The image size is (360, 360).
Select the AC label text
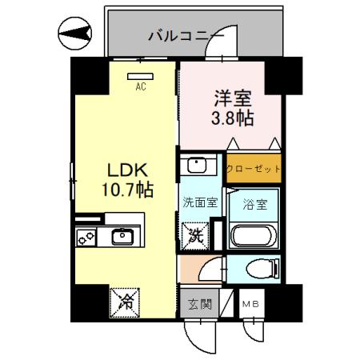pos(140,86)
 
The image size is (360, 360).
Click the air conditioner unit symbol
pos(140,76)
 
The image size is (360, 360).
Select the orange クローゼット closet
pos(253,169)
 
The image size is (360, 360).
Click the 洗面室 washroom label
pos(199,203)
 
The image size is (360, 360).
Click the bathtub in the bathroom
pos(254,237)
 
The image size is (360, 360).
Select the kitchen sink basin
pos(122,236)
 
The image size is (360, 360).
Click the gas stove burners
pos(86,236)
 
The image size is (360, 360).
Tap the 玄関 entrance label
pos(199,304)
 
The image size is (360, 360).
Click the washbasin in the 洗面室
pos(197,167)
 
